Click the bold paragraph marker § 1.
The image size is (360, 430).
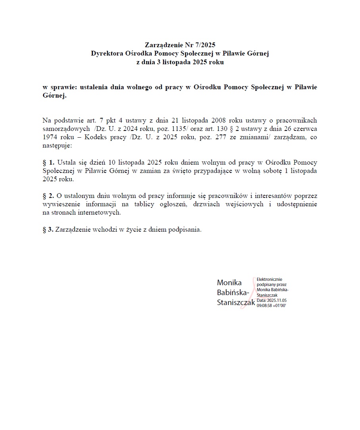[49, 163]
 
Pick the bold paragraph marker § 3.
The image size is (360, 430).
[48, 230]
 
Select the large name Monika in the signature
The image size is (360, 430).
[229, 283]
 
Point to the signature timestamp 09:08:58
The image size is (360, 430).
[264, 306]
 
